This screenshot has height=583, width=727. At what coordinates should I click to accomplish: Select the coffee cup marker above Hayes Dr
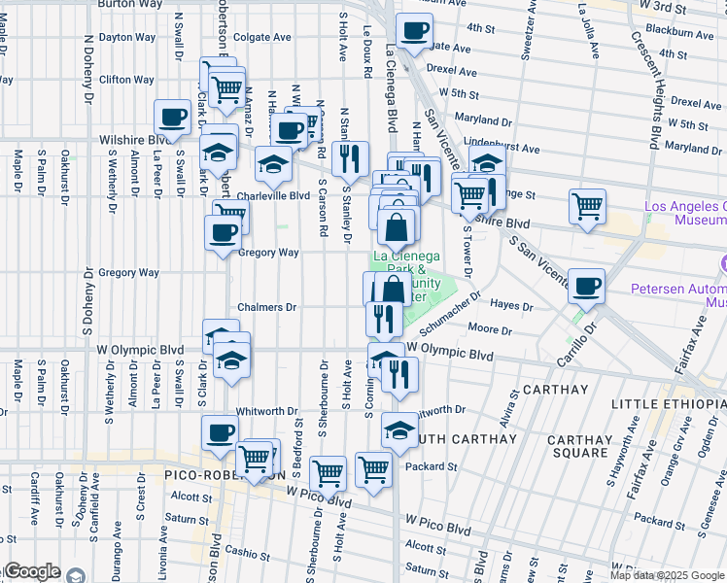[x=586, y=286]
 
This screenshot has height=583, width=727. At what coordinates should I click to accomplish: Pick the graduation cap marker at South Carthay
[x=398, y=429]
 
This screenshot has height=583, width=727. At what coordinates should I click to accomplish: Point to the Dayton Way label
[x=126, y=38]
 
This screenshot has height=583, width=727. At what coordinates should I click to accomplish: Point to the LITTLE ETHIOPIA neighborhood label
[x=669, y=403]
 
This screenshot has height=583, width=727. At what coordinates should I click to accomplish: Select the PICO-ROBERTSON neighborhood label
[x=230, y=475]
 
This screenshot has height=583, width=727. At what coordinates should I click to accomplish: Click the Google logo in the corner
[x=33, y=571]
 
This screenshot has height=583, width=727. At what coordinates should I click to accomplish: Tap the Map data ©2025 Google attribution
[x=667, y=575]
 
